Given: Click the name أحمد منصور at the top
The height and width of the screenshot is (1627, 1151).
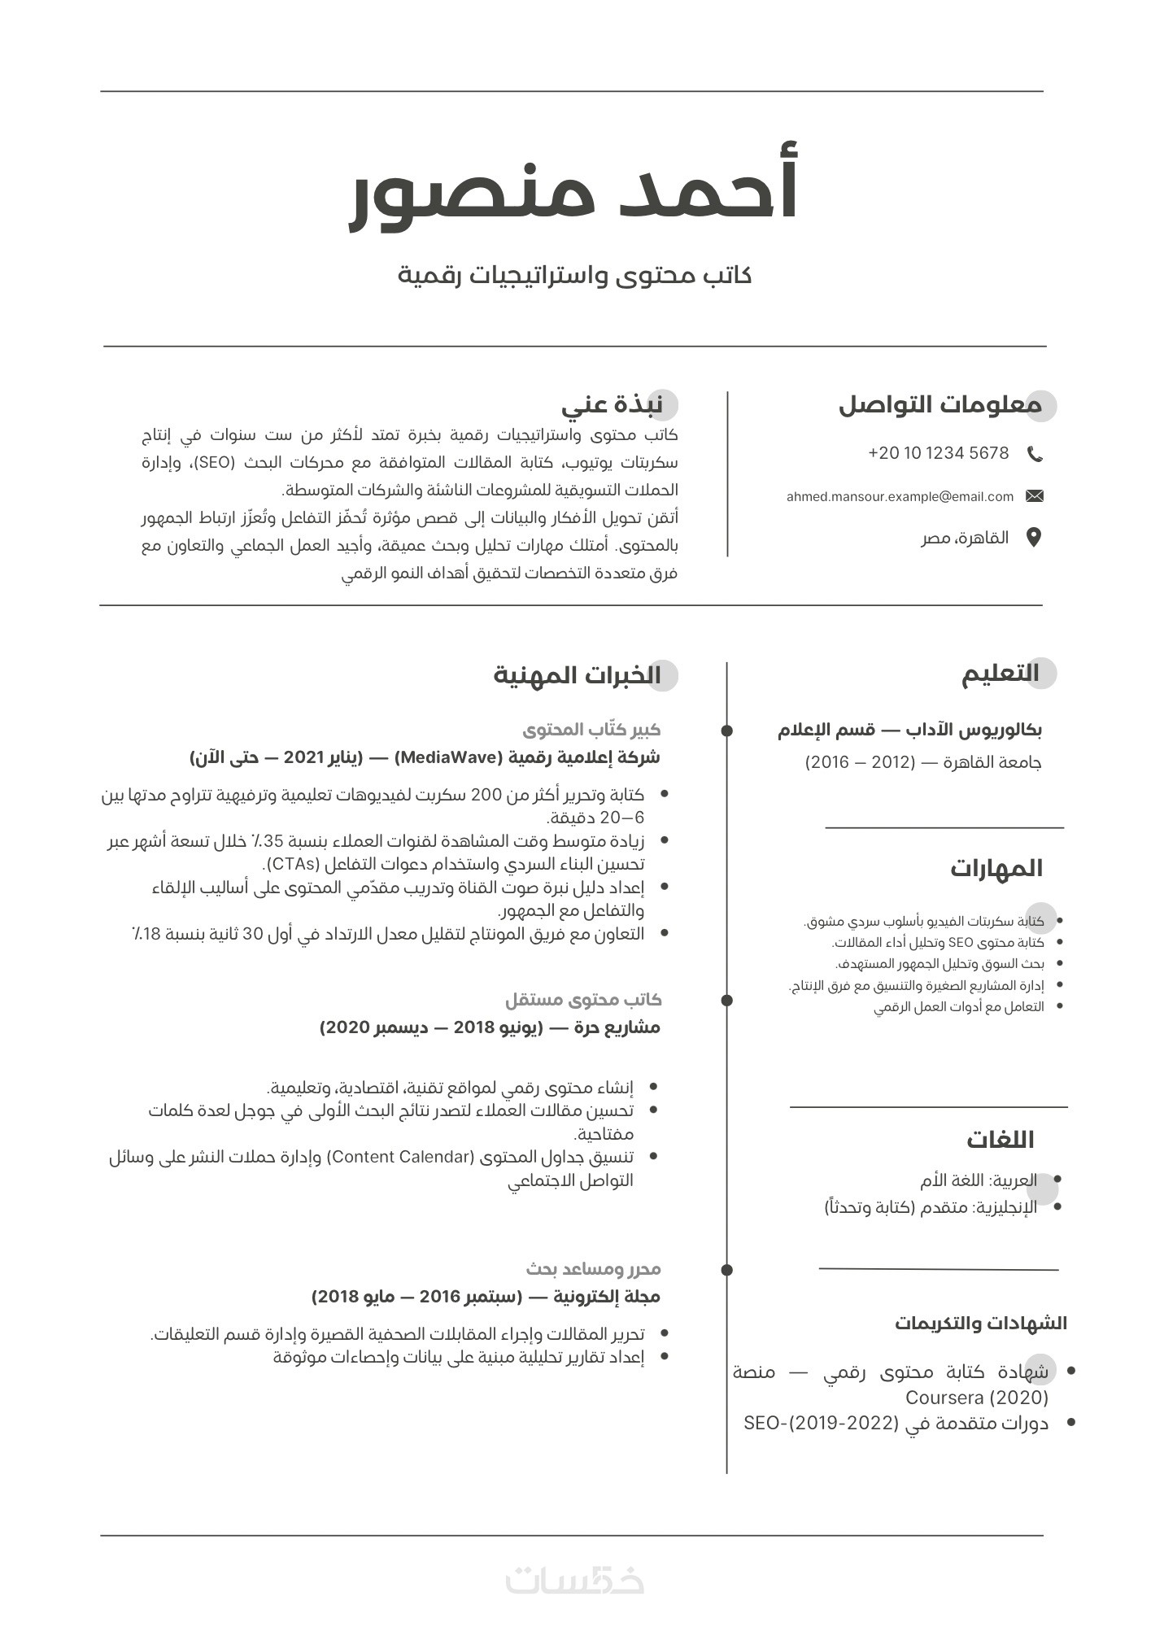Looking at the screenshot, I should [x=574, y=190].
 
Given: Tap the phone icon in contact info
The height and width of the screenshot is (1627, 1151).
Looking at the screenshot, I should [x=1035, y=454].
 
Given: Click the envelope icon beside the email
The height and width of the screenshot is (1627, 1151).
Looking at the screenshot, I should [x=1035, y=496].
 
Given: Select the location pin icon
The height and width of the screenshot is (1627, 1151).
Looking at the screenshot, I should [x=1034, y=538].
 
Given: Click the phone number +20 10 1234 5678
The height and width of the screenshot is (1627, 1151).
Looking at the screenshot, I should [x=939, y=453].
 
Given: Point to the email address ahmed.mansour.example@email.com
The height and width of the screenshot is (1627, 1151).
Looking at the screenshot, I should [x=900, y=496].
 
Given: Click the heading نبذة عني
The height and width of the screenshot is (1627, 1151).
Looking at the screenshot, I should [x=613, y=404].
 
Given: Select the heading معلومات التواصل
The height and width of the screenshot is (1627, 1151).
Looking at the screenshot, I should [x=940, y=404].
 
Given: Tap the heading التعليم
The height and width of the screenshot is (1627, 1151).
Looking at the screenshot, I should [x=1001, y=674].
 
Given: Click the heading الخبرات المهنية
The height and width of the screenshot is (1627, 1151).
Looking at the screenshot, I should [x=578, y=675].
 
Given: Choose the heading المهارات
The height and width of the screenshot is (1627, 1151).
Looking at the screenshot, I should [x=996, y=868].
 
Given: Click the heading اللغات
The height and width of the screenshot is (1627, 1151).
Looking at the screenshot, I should [x=1001, y=1140].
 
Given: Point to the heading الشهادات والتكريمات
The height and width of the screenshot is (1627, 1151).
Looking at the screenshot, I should [x=981, y=1324].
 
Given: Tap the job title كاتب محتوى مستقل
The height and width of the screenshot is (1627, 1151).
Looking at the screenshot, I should [x=583, y=999].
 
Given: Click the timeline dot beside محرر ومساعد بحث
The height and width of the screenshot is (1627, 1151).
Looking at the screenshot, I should [x=727, y=1269].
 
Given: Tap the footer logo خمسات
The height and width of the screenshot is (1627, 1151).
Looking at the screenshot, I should [x=575, y=1580].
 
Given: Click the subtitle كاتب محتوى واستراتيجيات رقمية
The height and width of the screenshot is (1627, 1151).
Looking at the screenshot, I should [x=574, y=275].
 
